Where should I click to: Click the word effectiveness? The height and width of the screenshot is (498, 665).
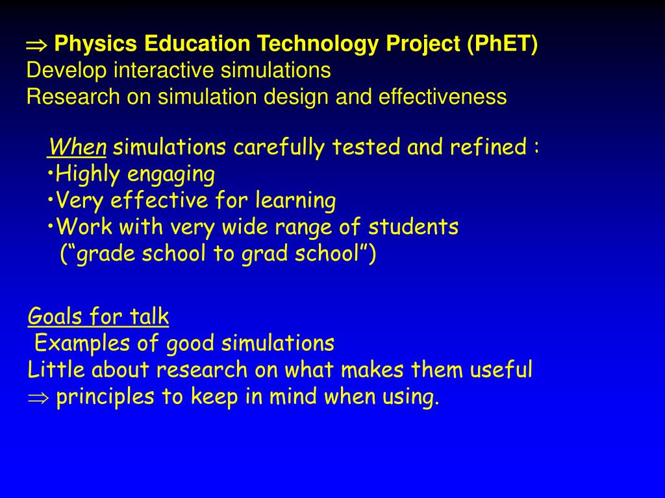pyautogui.click(x=442, y=97)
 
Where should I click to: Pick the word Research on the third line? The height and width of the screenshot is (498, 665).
pyautogui.click(x=73, y=97)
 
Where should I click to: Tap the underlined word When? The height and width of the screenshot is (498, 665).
pyautogui.click(x=78, y=147)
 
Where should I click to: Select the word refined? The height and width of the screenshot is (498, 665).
pyautogui.click(x=488, y=147)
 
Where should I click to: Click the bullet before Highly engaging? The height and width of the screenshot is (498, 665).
pyautogui.click(x=51, y=174)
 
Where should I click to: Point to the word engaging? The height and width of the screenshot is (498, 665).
pyautogui.click(x=171, y=175)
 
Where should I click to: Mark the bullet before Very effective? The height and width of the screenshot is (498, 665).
pyautogui.click(x=51, y=200)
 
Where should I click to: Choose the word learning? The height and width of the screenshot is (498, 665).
pyautogui.click(x=295, y=200)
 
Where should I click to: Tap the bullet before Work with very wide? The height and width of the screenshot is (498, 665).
pyautogui.click(x=51, y=227)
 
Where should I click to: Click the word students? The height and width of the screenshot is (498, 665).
pyautogui.click(x=413, y=226)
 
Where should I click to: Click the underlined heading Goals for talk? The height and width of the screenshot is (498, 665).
pyautogui.click(x=99, y=316)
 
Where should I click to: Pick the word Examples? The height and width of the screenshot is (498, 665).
pyautogui.click(x=82, y=344)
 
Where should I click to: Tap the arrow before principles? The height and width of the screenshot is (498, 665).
pyautogui.click(x=38, y=397)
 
